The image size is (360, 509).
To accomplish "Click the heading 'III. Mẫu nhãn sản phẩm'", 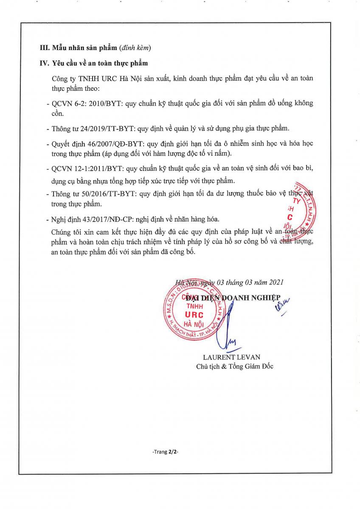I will click(x=79, y=48).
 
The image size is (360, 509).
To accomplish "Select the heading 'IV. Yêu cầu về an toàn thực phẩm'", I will click(x=94, y=64).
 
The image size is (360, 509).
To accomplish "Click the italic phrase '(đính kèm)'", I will click(x=135, y=48).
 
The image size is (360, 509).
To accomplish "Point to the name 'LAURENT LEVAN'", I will click(x=231, y=357).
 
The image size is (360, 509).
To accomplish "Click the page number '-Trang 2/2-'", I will click(x=165, y=452).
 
